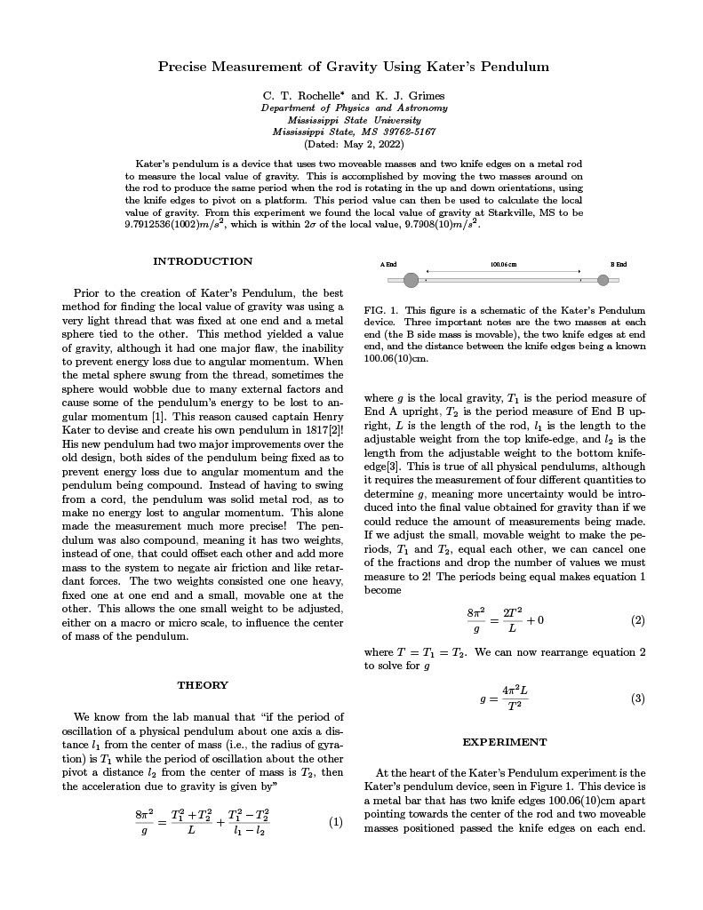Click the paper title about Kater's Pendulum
coord(353,67)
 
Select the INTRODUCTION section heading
coord(203,261)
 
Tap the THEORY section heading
coord(203,685)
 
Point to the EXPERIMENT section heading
coord(505,742)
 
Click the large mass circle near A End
coord(411,281)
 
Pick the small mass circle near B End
coord(603,281)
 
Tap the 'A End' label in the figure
coord(388,265)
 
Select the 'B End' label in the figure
coord(619,265)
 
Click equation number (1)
coord(336,822)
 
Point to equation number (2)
coord(637,620)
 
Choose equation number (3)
coord(637,698)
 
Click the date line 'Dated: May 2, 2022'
coord(353,143)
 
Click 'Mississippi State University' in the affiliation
coord(354,120)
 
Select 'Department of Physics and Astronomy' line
coord(354,108)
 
